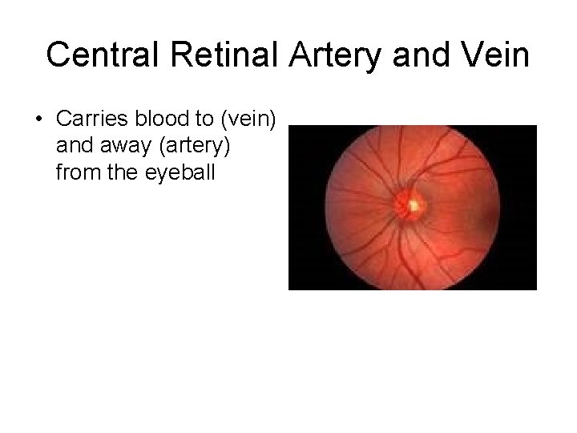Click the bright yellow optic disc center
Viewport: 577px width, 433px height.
pos(414,206)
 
